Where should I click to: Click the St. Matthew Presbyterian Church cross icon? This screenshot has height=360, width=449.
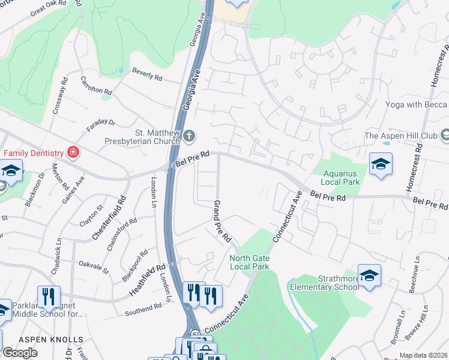pos(190,134)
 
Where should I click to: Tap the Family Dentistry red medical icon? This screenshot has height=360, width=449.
pos(73,152)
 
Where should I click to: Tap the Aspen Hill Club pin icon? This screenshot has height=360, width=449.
pos(445,135)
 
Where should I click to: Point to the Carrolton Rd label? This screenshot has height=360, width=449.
pos(97,85)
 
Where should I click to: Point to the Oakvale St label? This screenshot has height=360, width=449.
pos(94,266)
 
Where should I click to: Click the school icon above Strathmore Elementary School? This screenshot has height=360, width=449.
pos(369,275)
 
